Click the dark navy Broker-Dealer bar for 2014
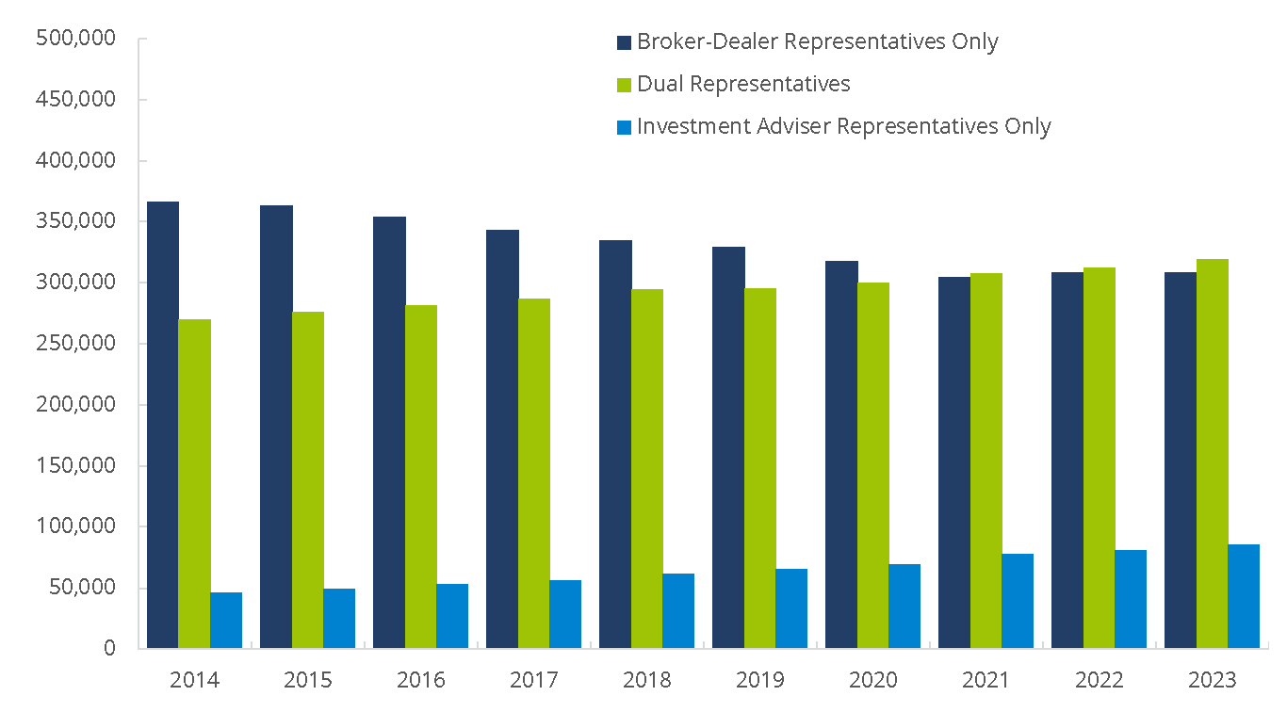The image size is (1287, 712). tap(163, 425)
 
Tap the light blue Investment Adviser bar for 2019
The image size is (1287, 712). tap(791, 608)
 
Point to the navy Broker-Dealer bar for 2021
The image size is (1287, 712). tap(954, 462)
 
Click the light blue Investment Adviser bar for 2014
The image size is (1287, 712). tap(226, 620)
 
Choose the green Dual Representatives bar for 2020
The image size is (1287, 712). tap(873, 465)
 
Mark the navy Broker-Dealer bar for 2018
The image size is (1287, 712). tap(615, 444)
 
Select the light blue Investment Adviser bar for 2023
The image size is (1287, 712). tap(1244, 596)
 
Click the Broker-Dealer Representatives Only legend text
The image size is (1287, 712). tap(817, 42)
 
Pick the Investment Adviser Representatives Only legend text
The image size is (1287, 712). tap(843, 126)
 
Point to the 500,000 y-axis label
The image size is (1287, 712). tap(74, 39)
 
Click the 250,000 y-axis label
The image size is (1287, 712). tap(74, 344)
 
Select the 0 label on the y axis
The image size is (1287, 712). tap(109, 649)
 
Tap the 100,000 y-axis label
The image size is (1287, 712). tap(74, 526)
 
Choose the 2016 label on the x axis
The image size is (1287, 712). tap(421, 680)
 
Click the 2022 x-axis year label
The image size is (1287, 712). tap(1100, 680)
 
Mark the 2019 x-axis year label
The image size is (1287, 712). tap(760, 680)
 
